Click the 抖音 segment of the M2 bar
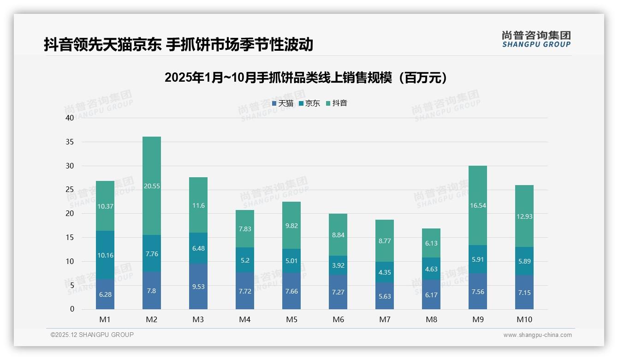(152, 186)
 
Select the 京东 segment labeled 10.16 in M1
(105, 255)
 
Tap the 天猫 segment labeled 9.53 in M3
(198, 286)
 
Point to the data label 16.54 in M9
(478, 206)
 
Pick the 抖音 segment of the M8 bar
(431, 243)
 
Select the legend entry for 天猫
(282, 103)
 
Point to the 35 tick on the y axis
(70, 142)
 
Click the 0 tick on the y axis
(72, 309)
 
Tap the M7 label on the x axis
(385, 320)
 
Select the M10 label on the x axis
(524, 320)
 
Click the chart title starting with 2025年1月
(306, 78)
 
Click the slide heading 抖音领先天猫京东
(178, 44)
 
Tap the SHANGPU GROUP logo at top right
(536, 39)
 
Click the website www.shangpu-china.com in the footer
(537, 335)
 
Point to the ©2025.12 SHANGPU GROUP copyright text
(92, 335)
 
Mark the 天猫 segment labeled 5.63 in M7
(385, 296)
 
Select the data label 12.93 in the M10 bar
(524, 216)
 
